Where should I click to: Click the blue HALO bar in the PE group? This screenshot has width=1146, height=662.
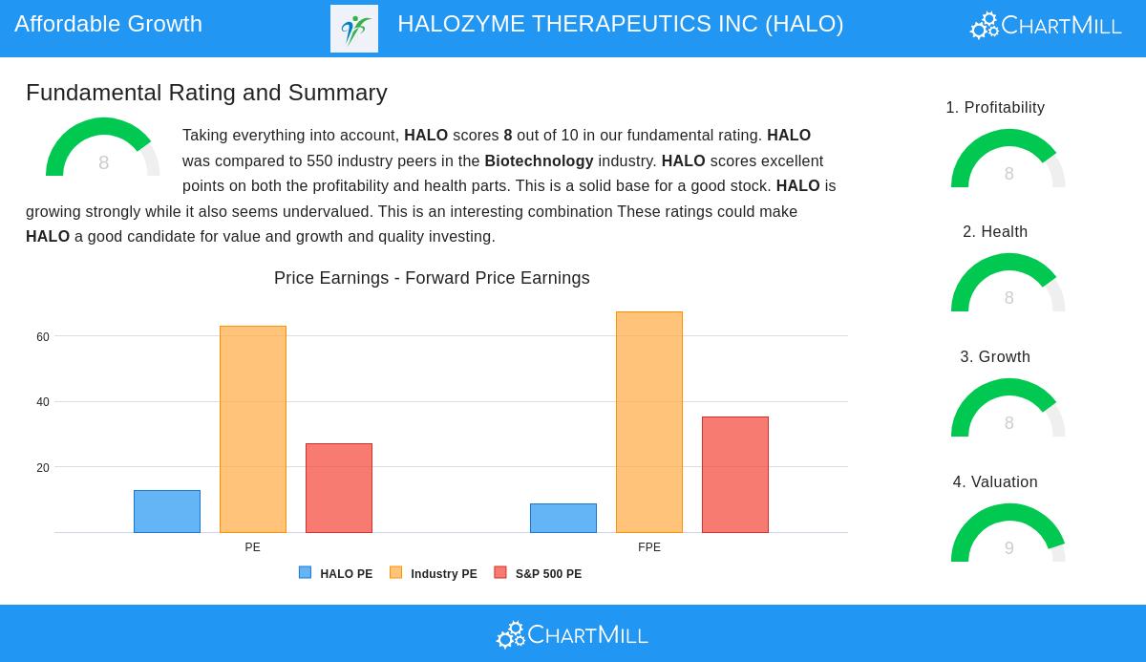point(167,511)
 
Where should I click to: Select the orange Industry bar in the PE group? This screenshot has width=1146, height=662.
point(253,429)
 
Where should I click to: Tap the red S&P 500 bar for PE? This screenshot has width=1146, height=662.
point(339,488)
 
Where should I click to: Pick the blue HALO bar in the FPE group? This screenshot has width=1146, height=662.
point(563,518)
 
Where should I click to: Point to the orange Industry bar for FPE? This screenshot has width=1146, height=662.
point(649,422)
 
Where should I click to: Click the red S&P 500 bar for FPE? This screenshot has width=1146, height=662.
point(735,475)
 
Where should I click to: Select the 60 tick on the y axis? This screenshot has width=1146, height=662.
point(43,336)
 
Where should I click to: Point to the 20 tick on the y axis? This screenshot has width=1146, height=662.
point(43,467)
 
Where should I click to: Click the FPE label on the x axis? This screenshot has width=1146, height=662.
point(649,547)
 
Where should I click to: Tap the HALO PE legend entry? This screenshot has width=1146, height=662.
point(335,573)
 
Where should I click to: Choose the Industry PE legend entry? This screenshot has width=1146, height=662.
point(434,573)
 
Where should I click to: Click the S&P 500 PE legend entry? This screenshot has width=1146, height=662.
point(539,573)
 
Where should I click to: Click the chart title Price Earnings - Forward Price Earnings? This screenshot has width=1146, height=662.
point(432,278)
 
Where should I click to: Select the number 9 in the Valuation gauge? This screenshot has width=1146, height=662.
point(1008,548)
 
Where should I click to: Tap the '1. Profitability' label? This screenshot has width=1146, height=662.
point(995,107)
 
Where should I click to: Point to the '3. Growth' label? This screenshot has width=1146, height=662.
point(995,356)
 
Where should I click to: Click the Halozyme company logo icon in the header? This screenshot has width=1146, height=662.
point(354,29)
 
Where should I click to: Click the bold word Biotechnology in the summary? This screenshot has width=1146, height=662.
point(539,160)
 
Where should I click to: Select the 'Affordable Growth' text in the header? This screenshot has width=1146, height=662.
point(109,24)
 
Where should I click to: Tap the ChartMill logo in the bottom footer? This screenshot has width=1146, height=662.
point(572,635)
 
